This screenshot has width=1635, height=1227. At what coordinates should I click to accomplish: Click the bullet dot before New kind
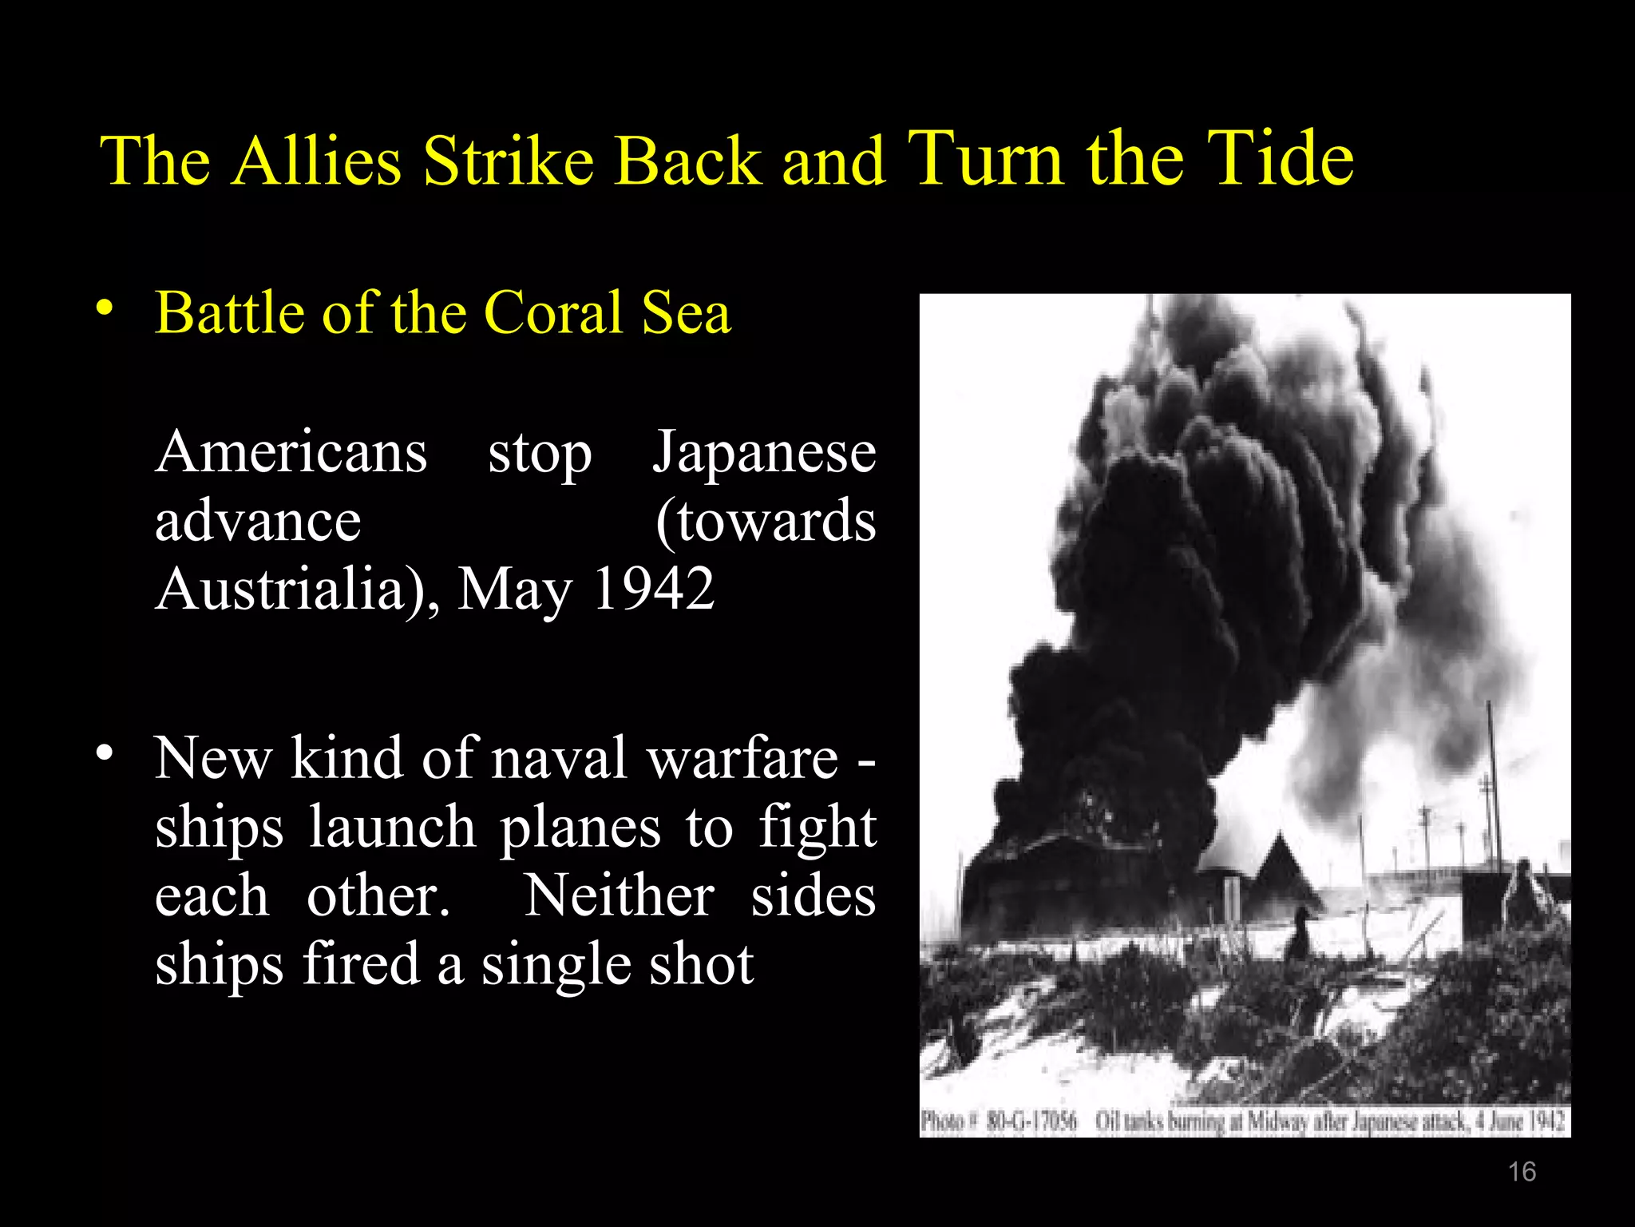click(104, 753)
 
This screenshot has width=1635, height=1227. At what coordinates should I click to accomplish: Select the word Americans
click(291, 452)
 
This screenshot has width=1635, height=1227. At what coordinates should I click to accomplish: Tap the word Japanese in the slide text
click(764, 452)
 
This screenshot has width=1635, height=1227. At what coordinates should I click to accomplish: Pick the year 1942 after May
click(653, 590)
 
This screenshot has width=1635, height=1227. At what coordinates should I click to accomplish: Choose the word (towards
click(766, 521)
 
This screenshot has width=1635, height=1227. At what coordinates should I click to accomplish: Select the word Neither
click(620, 895)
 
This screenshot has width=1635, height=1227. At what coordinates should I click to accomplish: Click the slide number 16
click(1522, 1172)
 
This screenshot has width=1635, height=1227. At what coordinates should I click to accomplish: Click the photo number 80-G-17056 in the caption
click(1031, 1122)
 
